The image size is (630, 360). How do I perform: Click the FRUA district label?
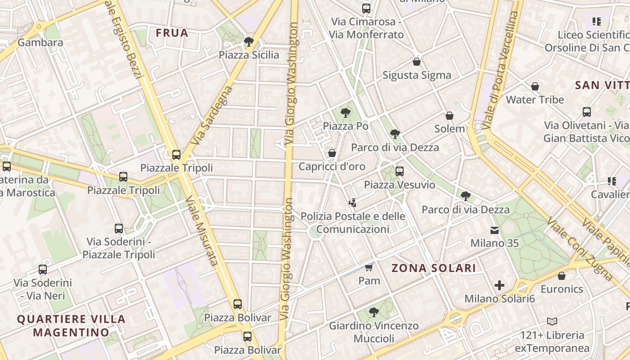coord(172,33)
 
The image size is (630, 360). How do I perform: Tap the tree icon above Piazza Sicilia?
coord(248,42)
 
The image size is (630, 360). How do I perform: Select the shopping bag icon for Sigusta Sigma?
coord(417,62)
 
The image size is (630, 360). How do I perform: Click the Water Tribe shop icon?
coord(535,86)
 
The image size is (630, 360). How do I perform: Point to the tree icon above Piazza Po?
coord(346,112)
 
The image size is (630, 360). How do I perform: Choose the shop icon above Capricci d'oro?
coord(332,153)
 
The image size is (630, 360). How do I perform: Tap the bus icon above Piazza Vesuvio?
coord(400,171)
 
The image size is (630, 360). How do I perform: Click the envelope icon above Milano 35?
coord(495,230)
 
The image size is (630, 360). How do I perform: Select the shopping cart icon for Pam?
coord(369,268)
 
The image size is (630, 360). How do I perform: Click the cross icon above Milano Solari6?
coord(499,285)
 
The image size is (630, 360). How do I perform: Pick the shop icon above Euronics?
coord(562,276)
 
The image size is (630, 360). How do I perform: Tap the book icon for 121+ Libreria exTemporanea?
coord(552,321)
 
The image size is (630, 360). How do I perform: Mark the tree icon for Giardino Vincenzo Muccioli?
coord(373,312)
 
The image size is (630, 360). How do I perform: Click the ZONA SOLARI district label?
coord(433,268)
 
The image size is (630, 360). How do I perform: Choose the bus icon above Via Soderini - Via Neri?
coord(43,270)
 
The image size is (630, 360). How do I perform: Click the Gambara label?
coord(40,43)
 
